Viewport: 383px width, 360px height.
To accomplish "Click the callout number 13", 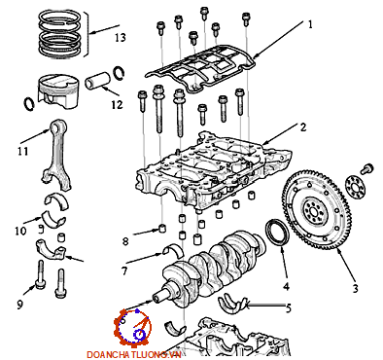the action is (121, 38).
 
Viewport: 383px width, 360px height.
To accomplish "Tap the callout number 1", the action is (310, 24).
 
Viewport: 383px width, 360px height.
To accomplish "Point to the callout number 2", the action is (303, 127).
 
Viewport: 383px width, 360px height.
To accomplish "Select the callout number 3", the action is (355, 288).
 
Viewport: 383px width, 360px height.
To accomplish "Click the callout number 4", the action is (288, 307).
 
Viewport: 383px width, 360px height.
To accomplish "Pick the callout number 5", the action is (124, 270).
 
